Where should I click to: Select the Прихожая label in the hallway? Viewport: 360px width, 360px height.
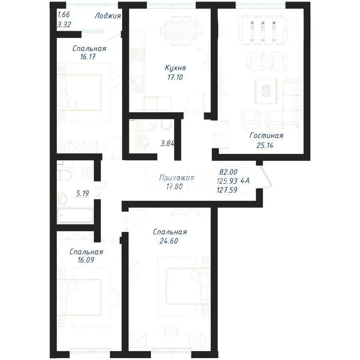click(x=176, y=178)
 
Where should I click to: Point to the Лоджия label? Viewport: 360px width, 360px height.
click(x=108, y=16)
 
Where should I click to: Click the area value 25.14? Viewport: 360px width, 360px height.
click(x=264, y=145)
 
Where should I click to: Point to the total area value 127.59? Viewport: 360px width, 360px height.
click(x=227, y=191)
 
